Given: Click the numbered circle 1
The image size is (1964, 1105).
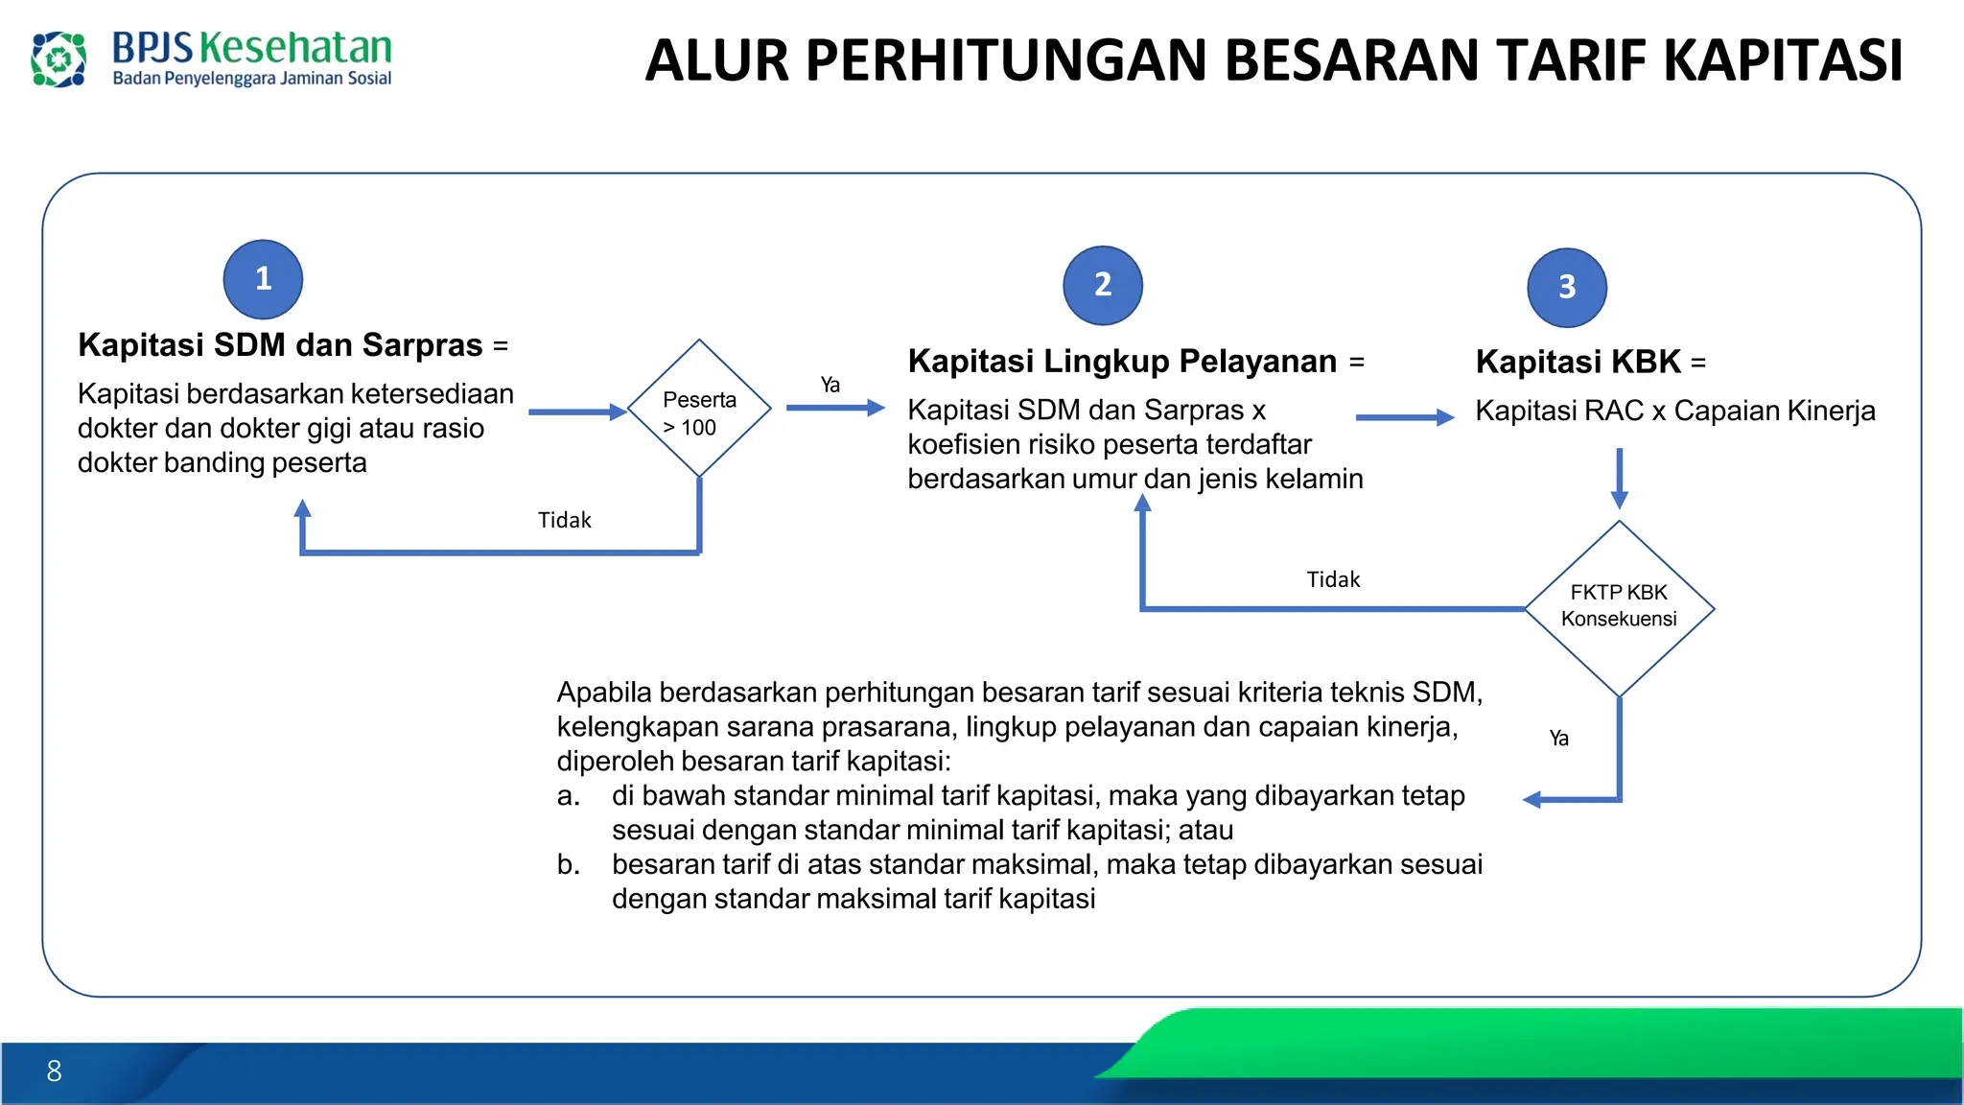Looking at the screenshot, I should coord(263,279).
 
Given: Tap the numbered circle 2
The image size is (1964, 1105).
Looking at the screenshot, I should coord(1103,285).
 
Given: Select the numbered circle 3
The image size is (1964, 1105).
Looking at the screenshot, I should coord(1567,287).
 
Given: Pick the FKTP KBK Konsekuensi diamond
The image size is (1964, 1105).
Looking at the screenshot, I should coord(1619,607).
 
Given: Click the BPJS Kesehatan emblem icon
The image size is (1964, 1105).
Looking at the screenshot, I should coord(58,59).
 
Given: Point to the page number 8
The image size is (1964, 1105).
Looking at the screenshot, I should coord(54,1070).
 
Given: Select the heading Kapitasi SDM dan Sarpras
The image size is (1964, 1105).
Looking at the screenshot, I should coord(280,345).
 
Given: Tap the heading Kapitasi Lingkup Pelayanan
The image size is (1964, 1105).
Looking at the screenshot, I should coord(1122,362).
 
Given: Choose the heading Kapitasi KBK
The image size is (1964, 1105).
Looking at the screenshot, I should coord(1578,363).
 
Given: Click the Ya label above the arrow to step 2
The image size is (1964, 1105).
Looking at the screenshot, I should coord(830,385).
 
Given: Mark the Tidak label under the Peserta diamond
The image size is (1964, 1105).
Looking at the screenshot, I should coord(564,520).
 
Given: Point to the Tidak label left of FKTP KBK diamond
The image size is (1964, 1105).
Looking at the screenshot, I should coord(1333,579).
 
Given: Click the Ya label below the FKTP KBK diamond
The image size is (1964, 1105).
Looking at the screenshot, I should coord(1559,738).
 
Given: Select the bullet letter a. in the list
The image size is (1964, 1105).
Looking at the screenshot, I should coord(568,796).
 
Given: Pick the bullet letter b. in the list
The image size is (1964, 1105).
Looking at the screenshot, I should coord(568,865).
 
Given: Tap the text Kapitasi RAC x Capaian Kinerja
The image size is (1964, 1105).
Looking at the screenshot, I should coord(1674,411).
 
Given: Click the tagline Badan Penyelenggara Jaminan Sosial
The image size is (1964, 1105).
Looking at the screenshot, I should coord(252,79).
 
